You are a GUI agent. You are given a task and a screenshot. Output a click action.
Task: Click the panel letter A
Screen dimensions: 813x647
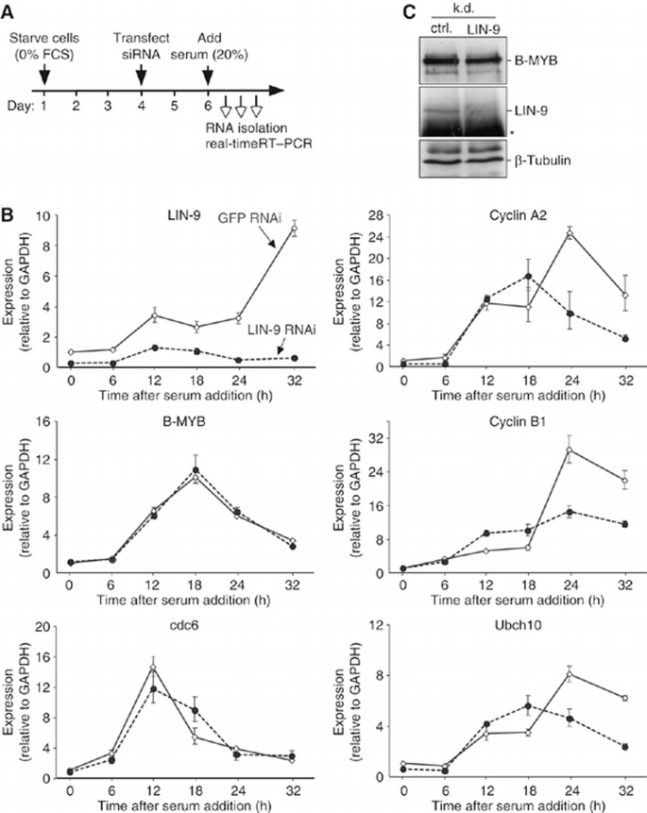(9, 9)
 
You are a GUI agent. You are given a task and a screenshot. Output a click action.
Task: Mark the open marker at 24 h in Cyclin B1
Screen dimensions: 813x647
(570, 449)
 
